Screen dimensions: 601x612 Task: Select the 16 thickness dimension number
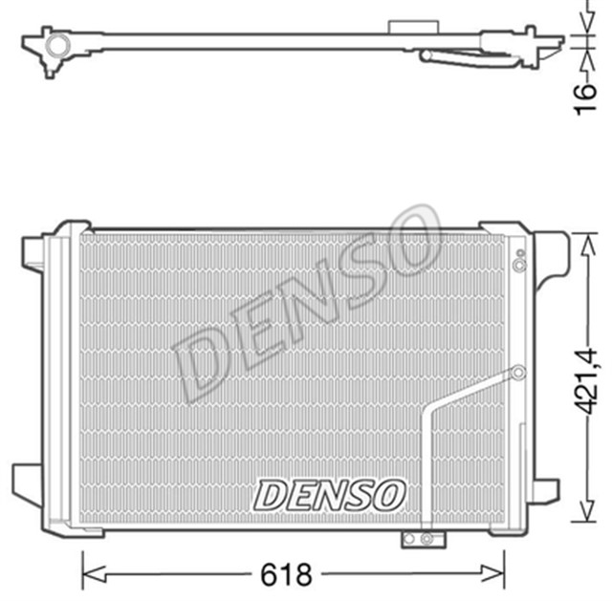(x=590, y=96)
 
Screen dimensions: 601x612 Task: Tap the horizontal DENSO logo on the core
(x=329, y=494)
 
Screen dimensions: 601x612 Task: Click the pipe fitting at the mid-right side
(x=517, y=373)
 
